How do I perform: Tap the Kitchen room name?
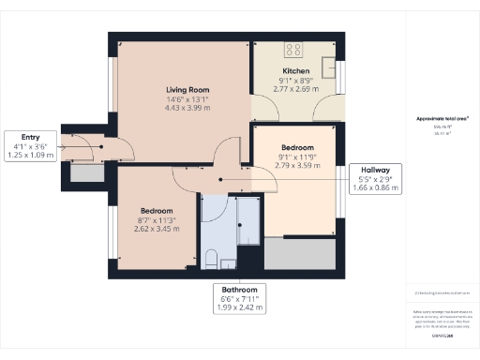(295, 71)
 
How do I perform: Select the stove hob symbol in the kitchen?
(293, 50)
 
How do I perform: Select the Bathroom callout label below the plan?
(239, 298)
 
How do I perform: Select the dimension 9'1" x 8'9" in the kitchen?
(295, 82)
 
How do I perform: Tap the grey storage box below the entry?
(88, 172)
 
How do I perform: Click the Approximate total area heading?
(442, 119)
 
